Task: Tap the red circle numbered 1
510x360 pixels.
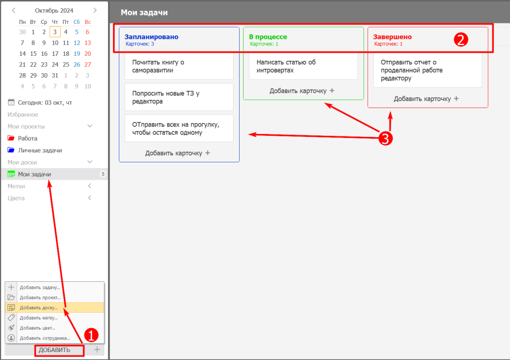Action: pos(91,335)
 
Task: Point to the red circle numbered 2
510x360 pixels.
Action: pos(461,40)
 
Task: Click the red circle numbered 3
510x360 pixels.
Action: pos(385,138)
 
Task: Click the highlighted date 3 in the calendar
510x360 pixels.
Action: pos(55,32)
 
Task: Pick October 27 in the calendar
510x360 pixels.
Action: pos(88,64)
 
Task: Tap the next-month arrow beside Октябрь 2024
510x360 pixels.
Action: pos(95,10)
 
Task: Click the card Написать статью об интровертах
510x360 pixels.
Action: pos(303,66)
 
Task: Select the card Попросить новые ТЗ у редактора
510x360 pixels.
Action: pos(179,97)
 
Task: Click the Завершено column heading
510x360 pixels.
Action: pos(392,37)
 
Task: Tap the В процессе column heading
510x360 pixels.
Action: pos(268,37)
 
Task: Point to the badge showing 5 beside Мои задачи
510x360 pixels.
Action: pos(103,174)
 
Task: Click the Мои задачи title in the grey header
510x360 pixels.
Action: pos(144,12)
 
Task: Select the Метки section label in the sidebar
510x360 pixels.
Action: pos(16,186)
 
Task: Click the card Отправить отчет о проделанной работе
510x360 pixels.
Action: pos(427,70)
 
